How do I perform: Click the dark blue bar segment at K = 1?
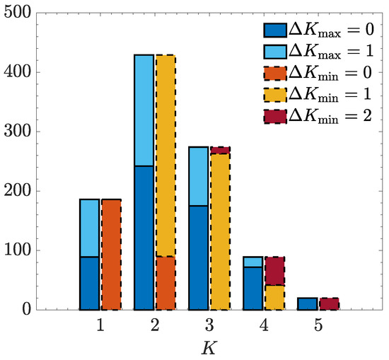(89, 283)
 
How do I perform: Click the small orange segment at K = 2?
(166, 282)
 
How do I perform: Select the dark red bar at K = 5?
(329, 303)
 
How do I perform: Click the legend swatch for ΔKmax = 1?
(274, 52)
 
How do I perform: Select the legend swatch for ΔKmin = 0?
(274, 74)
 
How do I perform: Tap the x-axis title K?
(209, 348)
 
